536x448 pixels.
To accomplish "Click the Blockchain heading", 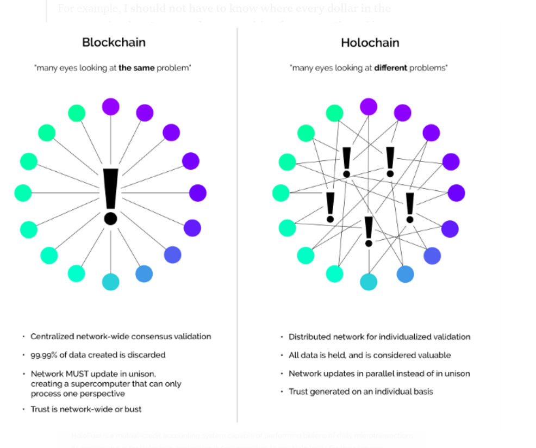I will coord(114,42).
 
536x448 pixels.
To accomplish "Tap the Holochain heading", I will coord(370,42).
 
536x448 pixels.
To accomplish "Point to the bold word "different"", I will coord(391,69).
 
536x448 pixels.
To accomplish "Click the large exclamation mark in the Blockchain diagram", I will coord(110,196).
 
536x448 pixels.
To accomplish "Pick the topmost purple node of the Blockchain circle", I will coord(111,107).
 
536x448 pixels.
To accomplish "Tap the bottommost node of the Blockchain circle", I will coord(110,282).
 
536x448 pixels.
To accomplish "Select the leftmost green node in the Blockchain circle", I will coord(23,193).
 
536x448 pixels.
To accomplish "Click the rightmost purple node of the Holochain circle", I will coord(456,193).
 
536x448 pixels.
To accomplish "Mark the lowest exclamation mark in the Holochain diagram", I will coord(369,231).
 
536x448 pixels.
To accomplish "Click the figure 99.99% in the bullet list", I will coord(44,355).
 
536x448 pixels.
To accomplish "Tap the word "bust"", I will coord(132,409).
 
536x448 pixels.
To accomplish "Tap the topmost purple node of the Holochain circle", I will coord(369,107).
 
